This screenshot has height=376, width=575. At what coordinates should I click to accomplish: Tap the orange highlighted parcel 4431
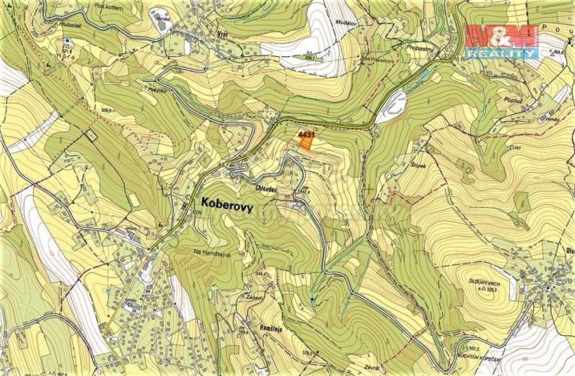(306, 143)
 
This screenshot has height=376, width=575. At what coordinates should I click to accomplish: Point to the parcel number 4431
(305, 133)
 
